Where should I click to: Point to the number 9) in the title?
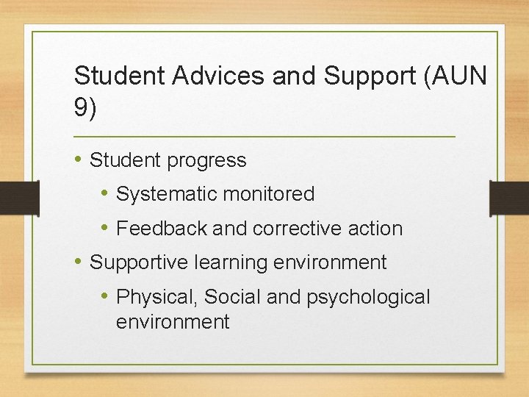(x=84, y=108)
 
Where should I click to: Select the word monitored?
(x=269, y=194)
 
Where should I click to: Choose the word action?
(x=378, y=229)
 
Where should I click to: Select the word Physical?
(x=157, y=297)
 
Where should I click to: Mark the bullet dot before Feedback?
(x=106, y=228)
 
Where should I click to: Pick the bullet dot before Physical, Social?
(x=106, y=296)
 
